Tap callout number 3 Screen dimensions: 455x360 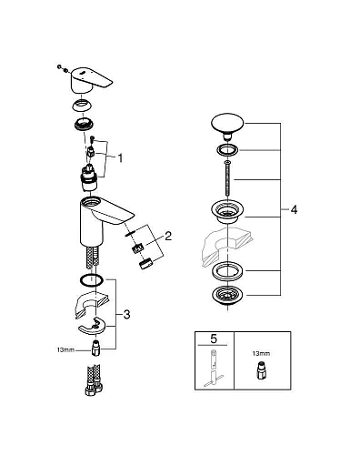pos(125,314)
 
